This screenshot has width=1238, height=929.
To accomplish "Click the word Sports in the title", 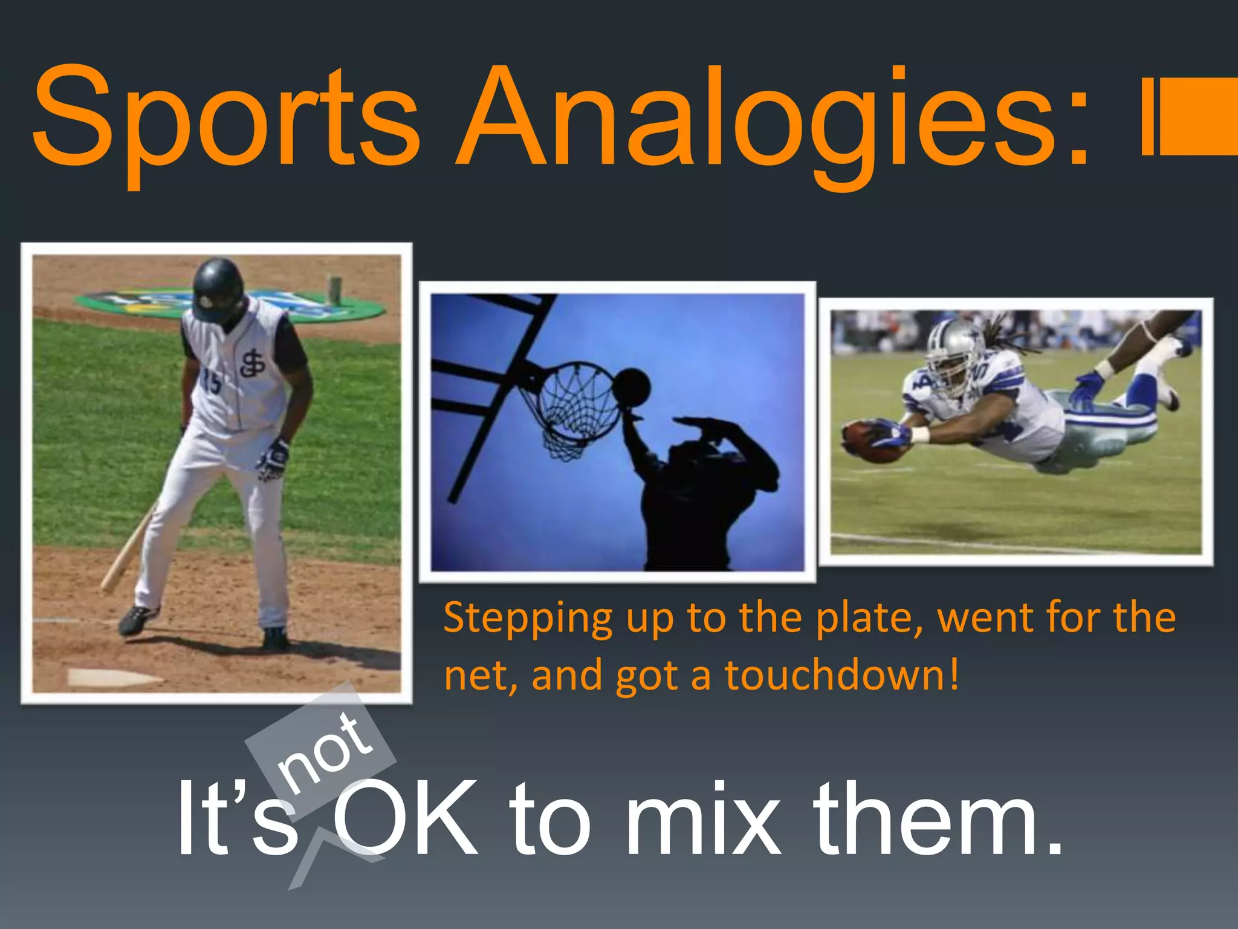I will coord(227,118).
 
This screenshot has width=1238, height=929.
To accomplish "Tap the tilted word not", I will coord(323,753).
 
